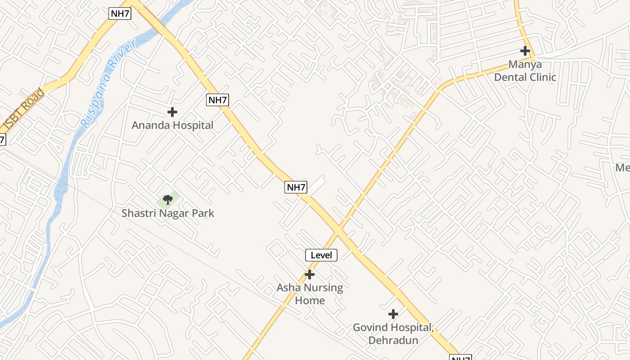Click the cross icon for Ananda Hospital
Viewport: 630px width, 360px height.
pyautogui.click(x=172, y=112)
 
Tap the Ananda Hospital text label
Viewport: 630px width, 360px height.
pyautogui.click(x=172, y=125)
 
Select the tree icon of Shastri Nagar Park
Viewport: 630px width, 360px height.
pyautogui.click(x=168, y=199)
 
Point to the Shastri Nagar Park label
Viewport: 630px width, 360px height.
pyautogui.click(x=168, y=213)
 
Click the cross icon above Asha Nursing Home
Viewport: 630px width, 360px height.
pyautogui.click(x=310, y=274)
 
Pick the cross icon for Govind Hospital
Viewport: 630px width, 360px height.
pyautogui.click(x=393, y=314)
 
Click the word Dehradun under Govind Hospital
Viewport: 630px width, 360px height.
pyautogui.click(x=393, y=340)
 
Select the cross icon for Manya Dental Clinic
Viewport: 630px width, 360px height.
pyautogui.click(x=525, y=51)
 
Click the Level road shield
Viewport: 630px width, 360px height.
pyautogui.click(x=321, y=255)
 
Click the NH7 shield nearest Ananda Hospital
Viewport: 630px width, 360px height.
pyautogui.click(x=217, y=100)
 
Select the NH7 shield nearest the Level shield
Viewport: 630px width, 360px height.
pyautogui.click(x=296, y=187)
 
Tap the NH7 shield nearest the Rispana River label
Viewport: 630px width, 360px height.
pyautogui.click(x=120, y=13)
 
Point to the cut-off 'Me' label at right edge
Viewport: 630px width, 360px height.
pyautogui.click(x=623, y=168)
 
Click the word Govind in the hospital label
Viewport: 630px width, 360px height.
pyautogui.click(x=371, y=328)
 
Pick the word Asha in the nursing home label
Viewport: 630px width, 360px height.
pyautogui.click(x=288, y=288)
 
